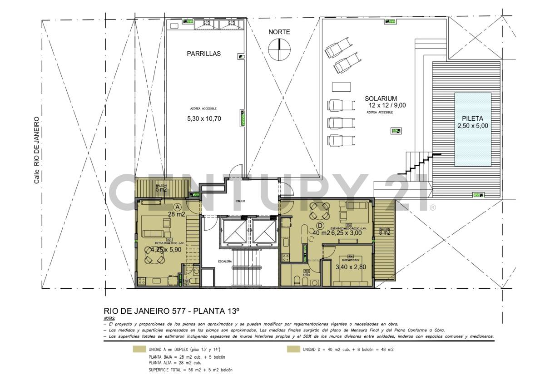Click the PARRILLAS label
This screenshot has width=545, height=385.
[x=203, y=54]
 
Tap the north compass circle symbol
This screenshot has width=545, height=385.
[x=278, y=49]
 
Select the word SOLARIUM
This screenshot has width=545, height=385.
[x=381, y=99]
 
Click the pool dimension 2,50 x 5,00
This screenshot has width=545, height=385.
[x=472, y=126]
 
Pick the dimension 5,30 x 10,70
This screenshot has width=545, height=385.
[x=204, y=119]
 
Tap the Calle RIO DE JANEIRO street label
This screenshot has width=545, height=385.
[x=37, y=150]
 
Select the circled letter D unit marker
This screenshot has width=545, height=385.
[x=320, y=226]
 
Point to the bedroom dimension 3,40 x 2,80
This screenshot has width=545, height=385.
[x=350, y=267]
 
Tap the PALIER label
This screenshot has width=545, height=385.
[x=240, y=200]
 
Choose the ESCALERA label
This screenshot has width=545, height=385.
[x=225, y=262]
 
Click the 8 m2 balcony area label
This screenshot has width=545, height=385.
[x=384, y=233]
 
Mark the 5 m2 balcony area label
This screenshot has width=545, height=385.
[x=161, y=190]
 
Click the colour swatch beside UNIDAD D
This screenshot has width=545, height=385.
[x=293, y=350]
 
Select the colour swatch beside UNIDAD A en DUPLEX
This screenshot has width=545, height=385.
[x=139, y=350]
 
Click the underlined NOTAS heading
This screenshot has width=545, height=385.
[x=110, y=319]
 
